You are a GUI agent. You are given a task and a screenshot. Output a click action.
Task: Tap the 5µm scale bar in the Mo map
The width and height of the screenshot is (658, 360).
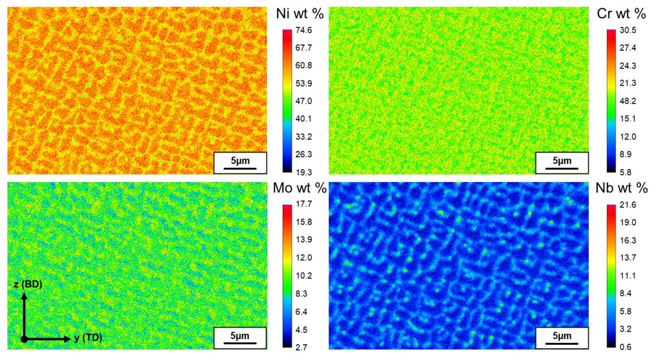(x=240, y=337)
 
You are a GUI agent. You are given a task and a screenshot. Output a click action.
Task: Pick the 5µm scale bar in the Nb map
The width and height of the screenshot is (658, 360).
(x=562, y=337)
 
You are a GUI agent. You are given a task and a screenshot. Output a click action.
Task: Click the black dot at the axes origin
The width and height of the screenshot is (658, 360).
(x=24, y=339)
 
